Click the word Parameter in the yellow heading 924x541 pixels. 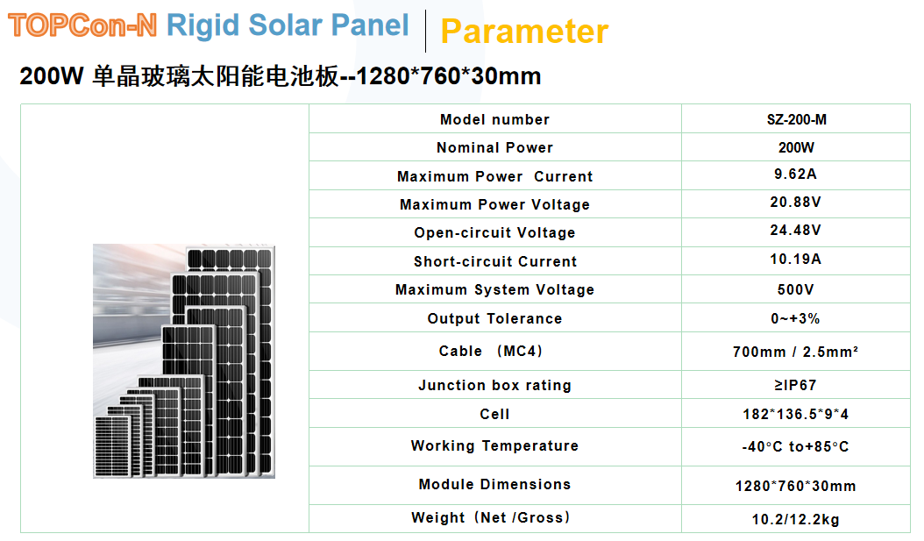[524, 32]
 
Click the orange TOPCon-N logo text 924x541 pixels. [82, 25]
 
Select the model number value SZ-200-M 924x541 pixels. [796, 119]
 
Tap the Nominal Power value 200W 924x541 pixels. [795, 147]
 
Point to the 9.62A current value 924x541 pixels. [795, 174]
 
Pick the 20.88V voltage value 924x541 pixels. [795, 203]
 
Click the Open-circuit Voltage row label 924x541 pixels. [494, 232]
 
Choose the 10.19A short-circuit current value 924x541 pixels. [795, 259]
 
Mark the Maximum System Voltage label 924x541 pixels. [494, 290]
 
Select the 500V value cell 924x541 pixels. [795, 289]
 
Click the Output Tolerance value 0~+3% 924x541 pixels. [795, 318]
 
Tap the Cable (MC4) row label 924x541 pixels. [490, 352]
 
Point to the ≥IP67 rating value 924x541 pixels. [795, 385]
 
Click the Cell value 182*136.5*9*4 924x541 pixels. [795, 414]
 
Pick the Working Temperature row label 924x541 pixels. [494, 446]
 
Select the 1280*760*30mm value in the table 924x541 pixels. [795, 486]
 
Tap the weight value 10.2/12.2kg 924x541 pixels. [795, 519]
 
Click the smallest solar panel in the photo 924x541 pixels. [112, 446]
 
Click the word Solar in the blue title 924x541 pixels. [286, 25]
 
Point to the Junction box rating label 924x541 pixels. [494, 386]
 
